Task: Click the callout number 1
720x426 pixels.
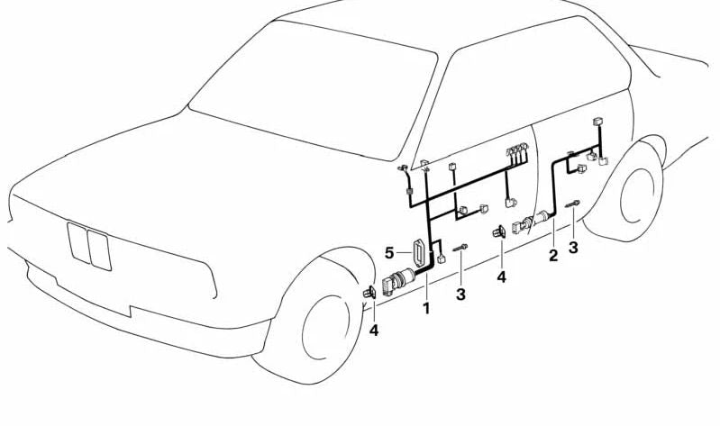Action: pos(426,308)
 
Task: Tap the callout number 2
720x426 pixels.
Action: pos(553,255)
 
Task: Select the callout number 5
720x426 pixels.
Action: pos(389,252)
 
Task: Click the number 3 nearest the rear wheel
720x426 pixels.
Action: pos(573,247)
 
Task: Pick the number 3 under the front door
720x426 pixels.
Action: pos(460,295)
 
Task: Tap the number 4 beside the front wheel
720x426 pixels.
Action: pos(374,330)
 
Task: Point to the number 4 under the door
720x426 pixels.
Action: pos(501,276)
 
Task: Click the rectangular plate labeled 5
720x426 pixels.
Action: pos(419,253)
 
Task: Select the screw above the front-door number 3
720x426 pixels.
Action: pos(460,248)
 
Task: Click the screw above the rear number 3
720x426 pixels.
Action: pos(572,204)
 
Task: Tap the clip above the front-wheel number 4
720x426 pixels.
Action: pos(369,292)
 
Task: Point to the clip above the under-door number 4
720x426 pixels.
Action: pos(499,232)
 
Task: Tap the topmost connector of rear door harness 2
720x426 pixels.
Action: pos(597,122)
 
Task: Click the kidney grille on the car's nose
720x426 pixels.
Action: pos(89,246)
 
